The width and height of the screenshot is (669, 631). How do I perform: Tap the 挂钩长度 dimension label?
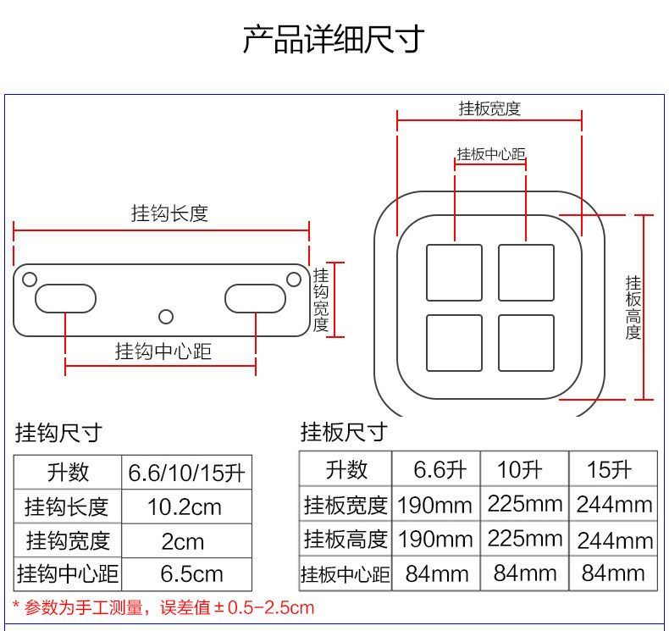pos(169,213)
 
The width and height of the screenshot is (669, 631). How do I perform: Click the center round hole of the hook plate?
pos(166,316)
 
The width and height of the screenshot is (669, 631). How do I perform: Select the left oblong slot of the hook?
pos(65,298)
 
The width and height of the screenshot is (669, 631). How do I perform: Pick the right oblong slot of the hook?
pos(255,298)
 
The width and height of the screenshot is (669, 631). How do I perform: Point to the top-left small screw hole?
pos(29,279)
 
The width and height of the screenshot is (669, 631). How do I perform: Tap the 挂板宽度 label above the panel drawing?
pos(489,108)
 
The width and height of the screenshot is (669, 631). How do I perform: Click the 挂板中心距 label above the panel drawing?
pos(491,154)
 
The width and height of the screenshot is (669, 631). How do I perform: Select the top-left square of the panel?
pos(454,272)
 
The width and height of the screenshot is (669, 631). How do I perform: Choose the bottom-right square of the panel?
pos(526,343)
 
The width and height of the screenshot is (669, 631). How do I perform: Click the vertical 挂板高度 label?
pos(633,307)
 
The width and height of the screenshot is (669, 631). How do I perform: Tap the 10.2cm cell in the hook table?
pos(185,507)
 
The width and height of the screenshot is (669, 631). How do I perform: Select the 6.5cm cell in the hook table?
pos(191,574)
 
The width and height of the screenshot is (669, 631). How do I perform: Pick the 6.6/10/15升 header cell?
pos(186,473)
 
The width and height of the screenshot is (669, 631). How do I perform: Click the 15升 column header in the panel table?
pos(610,468)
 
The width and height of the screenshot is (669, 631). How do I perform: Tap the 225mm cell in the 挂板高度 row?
pos(525,539)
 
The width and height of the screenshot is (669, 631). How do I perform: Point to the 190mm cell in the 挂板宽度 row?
pos(435,506)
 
